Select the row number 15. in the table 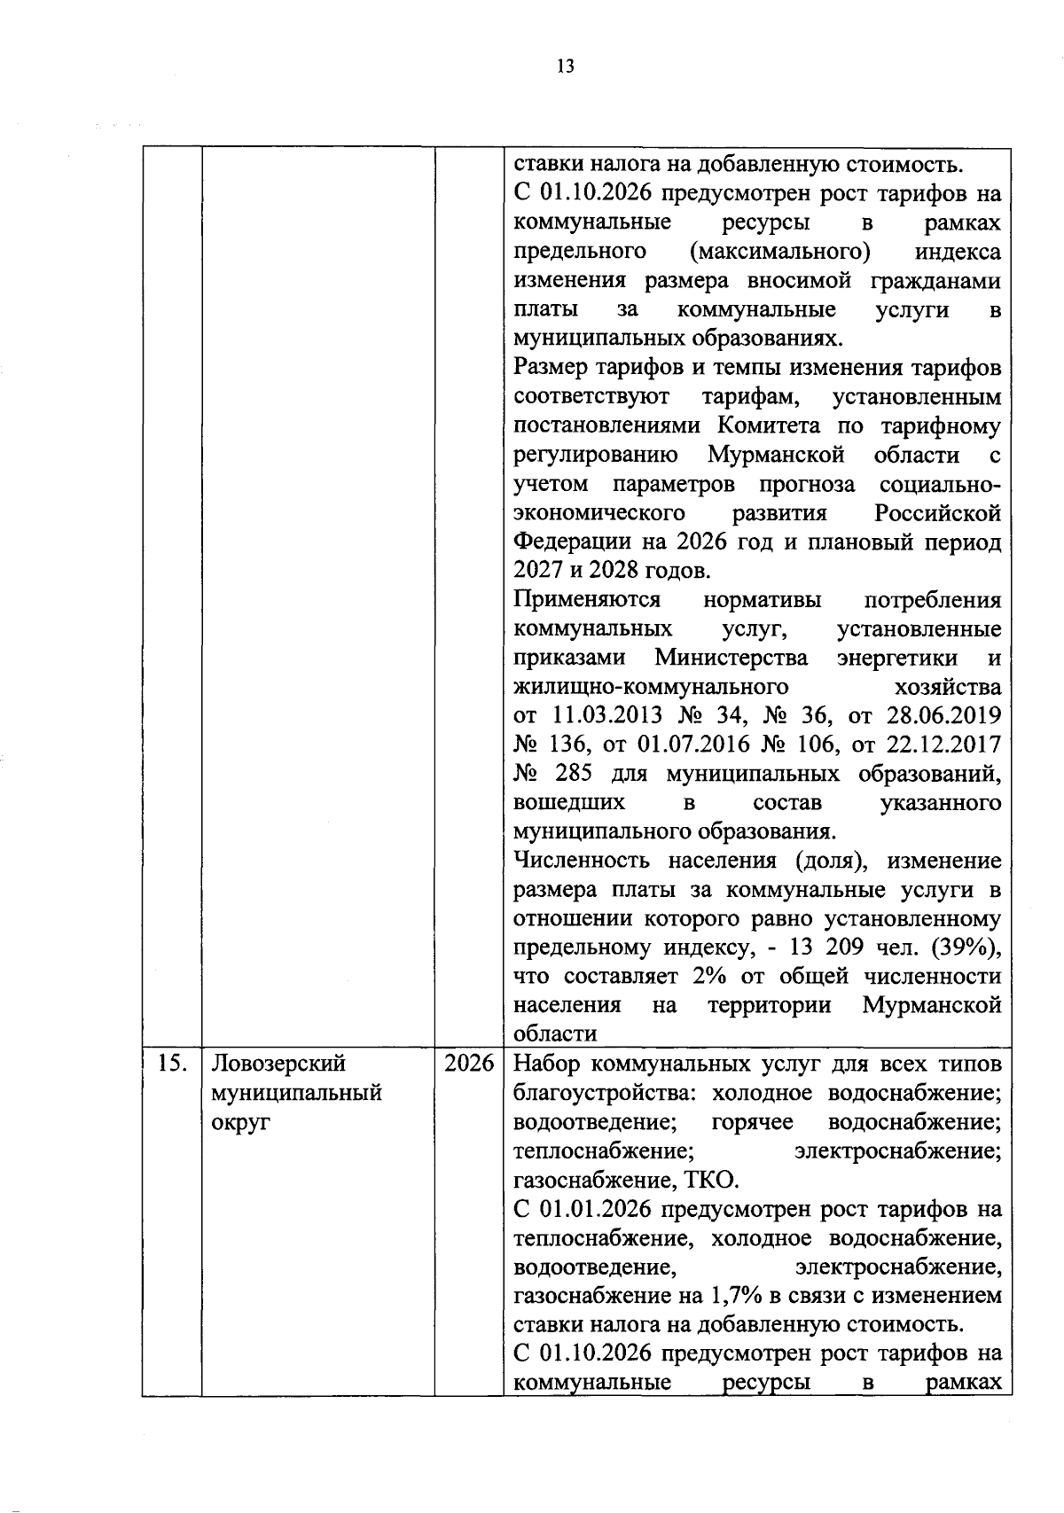[x=171, y=1064]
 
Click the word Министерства [x=731, y=658]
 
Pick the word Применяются [x=587, y=600]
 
